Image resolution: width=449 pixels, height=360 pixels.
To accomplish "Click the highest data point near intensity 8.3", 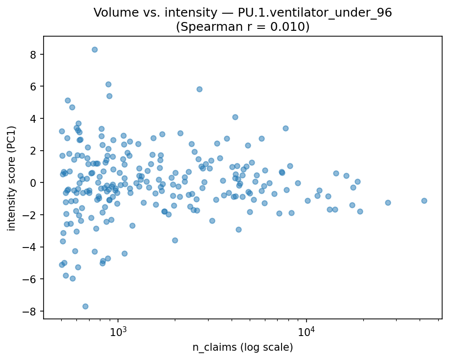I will pyautogui.click(x=95, y=49).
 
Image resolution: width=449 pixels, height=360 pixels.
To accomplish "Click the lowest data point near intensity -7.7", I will pyautogui.click(x=85, y=306).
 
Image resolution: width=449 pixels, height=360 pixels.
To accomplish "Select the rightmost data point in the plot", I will pyautogui.click(x=424, y=201).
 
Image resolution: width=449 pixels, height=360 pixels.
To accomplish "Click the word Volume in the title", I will pyautogui.click(x=111, y=13).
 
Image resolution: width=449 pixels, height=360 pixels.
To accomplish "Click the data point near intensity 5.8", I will pyautogui.click(x=199, y=89).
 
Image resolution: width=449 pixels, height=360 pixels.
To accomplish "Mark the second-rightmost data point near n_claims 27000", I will pyautogui.click(x=388, y=202).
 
